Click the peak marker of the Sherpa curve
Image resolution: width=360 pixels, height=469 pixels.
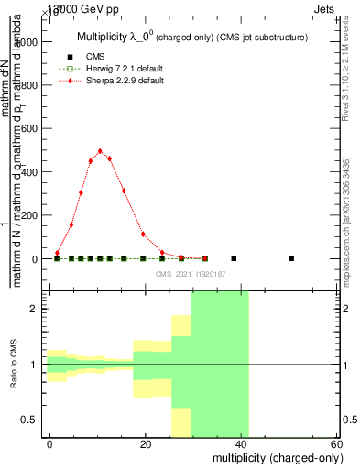click(100, 151)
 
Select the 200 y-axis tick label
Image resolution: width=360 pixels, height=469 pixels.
click(28, 215)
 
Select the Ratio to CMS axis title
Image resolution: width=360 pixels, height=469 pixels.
click(14, 365)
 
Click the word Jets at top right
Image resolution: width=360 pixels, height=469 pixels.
click(334, 7)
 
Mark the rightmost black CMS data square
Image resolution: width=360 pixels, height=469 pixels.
click(291, 258)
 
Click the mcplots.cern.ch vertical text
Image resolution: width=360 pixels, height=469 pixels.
click(346, 220)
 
